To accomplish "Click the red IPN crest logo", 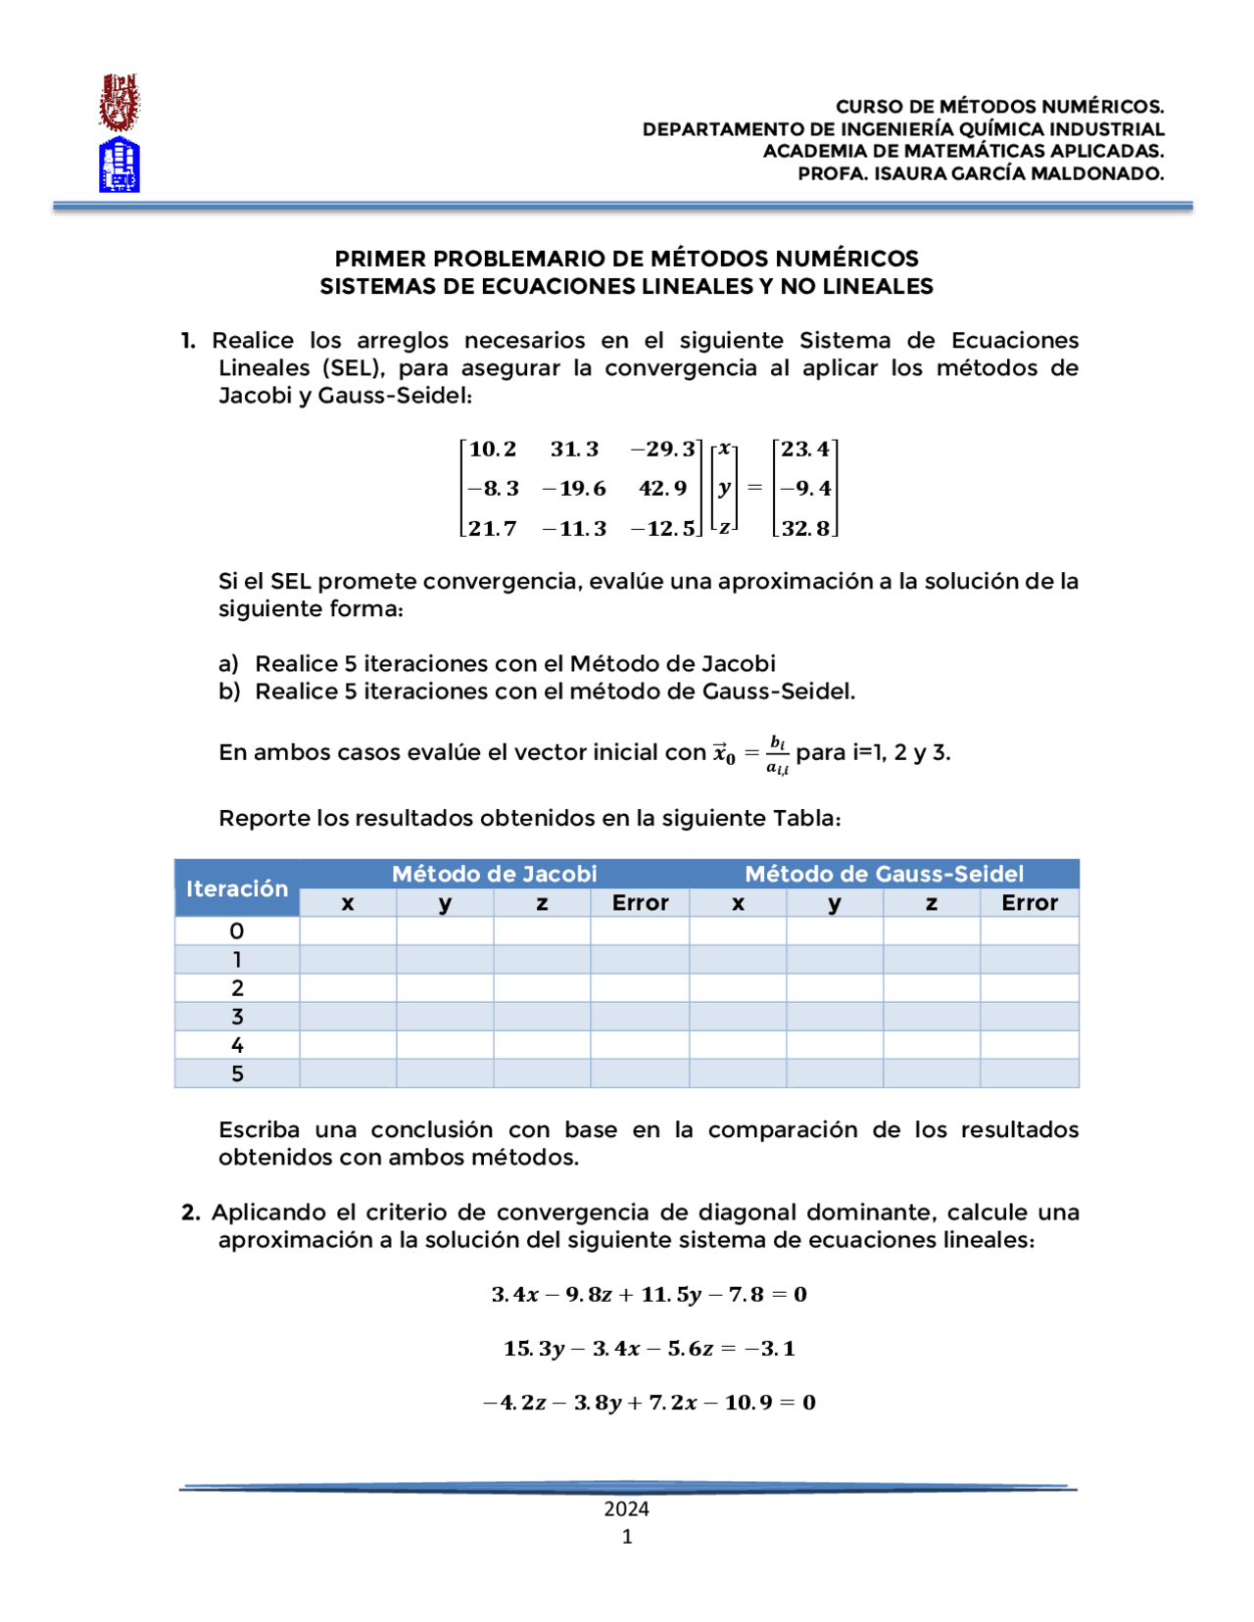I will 119,103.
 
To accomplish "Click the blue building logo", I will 119,165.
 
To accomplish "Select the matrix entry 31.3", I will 574,449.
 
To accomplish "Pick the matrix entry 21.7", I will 492,528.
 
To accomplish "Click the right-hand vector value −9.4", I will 805,488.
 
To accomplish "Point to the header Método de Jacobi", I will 494,874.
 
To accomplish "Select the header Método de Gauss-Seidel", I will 884,874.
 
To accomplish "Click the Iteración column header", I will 237,888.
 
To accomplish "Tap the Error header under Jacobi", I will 640,903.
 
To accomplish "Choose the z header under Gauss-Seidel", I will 931,903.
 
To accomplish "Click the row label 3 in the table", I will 237,1017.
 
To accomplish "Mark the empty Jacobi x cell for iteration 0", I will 348,930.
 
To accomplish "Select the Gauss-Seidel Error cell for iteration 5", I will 1029,1073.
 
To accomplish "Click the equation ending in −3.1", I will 649,1348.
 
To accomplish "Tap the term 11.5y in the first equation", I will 671,1294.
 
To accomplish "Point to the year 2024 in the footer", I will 627,1508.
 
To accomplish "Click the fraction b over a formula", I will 777,753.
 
